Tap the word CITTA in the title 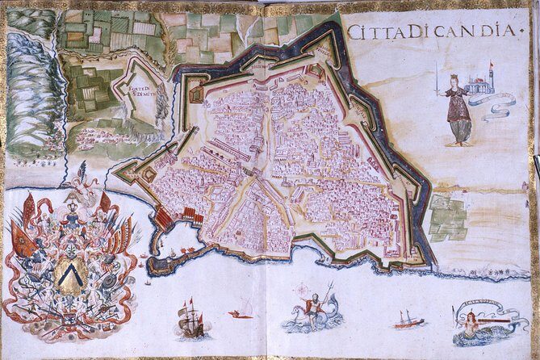375,31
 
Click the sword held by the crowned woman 437,78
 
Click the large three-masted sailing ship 190,320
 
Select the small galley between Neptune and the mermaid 408,321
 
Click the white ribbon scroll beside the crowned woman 494,103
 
